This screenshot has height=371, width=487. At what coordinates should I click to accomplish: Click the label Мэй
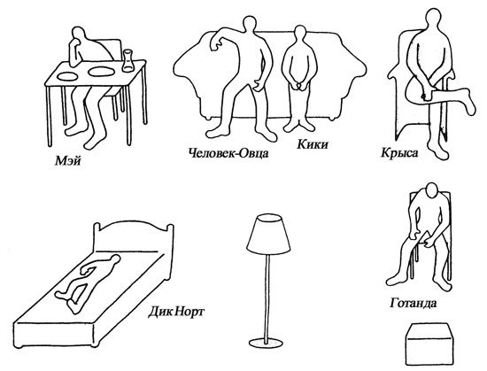[x=67, y=161]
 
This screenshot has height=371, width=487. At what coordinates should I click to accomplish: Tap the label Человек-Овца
[x=228, y=153]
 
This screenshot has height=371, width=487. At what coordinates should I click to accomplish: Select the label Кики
[x=313, y=144]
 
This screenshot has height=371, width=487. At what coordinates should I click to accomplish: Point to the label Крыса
[x=399, y=153]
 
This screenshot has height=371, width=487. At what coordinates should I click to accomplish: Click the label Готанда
[x=414, y=303]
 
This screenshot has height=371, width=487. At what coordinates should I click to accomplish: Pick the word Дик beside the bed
[x=158, y=311]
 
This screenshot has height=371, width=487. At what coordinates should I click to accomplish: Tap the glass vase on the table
[x=128, y=60]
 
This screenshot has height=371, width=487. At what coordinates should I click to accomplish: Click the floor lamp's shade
[x=268, y=234]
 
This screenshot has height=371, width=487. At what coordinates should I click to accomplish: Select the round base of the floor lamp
[x=267, y=344]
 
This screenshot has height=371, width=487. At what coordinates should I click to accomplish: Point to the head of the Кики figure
[x=300, y=33]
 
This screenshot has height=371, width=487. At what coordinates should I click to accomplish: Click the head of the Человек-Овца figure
[x=249, y=25]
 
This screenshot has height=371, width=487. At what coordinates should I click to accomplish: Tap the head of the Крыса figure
[x=433, y=19]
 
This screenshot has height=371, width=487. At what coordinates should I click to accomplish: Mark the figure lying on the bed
[x=89, y=282]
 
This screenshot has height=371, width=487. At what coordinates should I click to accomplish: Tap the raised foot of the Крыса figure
[x=469, y=100]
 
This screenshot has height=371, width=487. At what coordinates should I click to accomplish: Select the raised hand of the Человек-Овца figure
[x=216, y=43]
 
